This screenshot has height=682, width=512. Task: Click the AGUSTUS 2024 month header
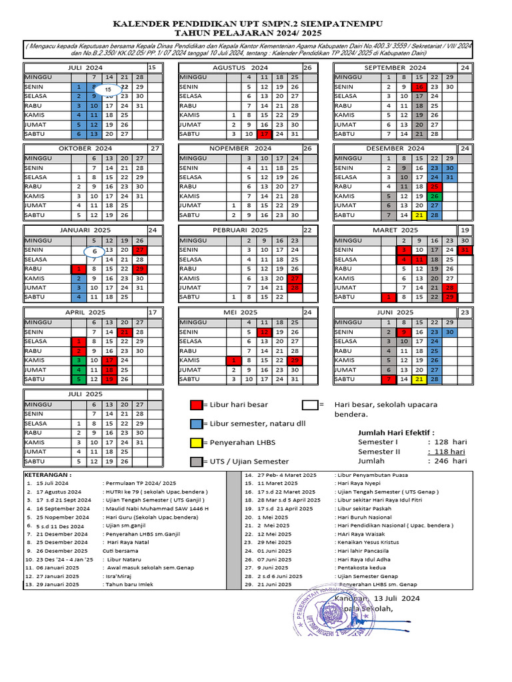[x=240, y=68]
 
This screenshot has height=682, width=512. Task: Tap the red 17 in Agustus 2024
[x=264, y=134]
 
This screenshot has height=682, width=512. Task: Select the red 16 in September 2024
[x=419, y=87]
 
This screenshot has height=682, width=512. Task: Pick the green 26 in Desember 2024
[x=434, y=196]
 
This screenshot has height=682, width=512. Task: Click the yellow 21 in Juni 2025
[x=419, y=379]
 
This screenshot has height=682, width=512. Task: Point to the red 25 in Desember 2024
[x=434, y=187]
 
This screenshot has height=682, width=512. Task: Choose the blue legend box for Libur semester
[x=196, y=424]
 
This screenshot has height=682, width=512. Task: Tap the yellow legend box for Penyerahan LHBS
[x=196, y=442]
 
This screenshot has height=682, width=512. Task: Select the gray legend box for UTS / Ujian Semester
[x=196, y=462]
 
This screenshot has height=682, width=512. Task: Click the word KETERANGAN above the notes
[x=49, y=474]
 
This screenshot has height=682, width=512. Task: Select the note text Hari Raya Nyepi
[x=359, y=483]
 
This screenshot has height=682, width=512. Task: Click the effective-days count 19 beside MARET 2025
[x=465, y=230]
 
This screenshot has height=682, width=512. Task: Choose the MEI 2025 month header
[x=240, y=312]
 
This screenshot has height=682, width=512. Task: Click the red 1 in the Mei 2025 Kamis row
[x=233, y=360]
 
